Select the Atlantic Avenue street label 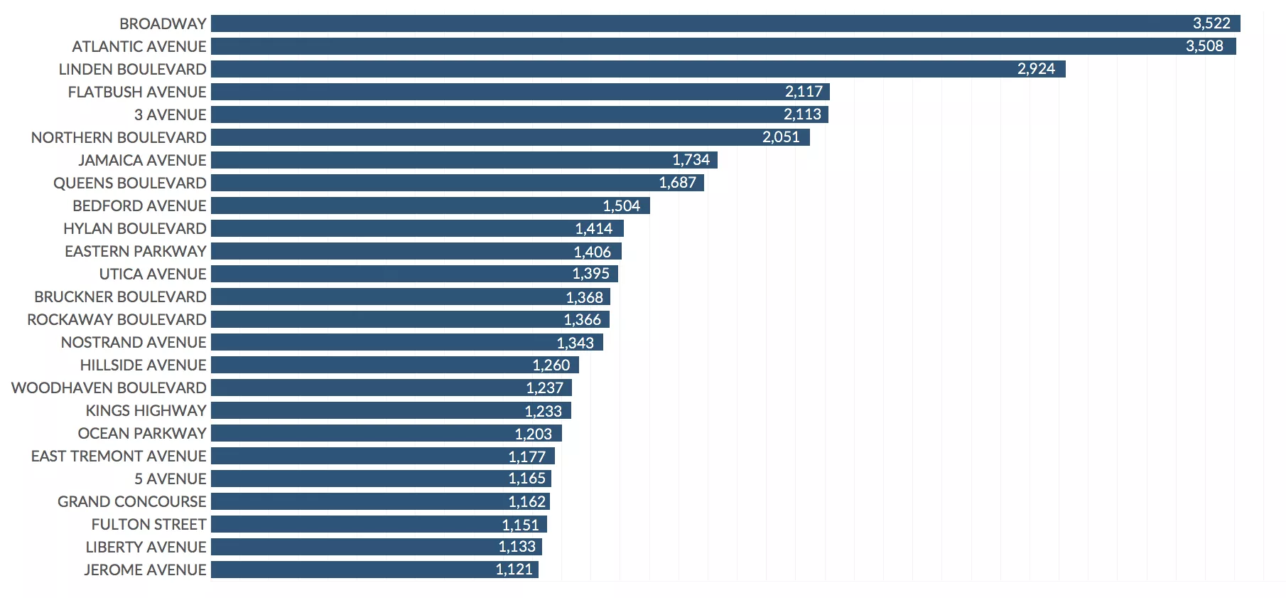click(x=139, y=46)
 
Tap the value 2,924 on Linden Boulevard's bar click(x=1036, y=69)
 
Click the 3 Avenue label click(x=170, y=114)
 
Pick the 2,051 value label click(x=781, y=137)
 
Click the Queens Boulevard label click(x=130, y=183)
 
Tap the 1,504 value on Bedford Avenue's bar click(x=621, y=205)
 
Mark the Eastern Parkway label click(x=136, y=251)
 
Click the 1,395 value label click(x=590, y=274)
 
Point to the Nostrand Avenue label click(x=134, y=342)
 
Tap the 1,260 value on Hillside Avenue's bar click(x=551, y=365)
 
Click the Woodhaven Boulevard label click(x=109, y=388)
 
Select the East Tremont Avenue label click(x=119, y=456)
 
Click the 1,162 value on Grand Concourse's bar click(x=526, y=501)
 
